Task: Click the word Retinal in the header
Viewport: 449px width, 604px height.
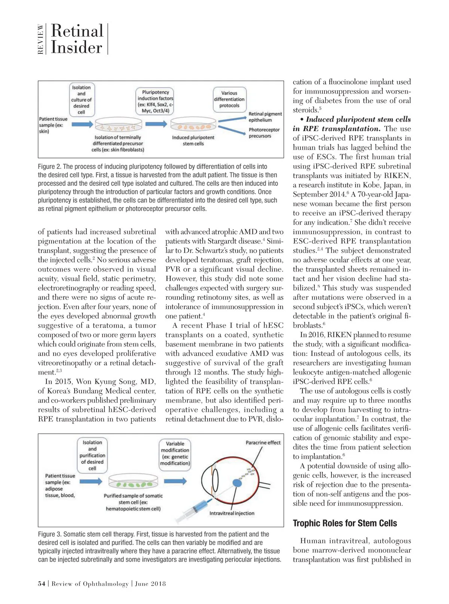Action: point(77,31)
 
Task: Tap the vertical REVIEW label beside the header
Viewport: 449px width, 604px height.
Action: point(40,39)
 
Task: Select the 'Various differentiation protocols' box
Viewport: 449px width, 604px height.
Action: point(229,99)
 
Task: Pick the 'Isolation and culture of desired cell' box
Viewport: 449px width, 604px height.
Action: point(81,100)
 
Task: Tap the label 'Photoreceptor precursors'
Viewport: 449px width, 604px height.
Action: point(264,133)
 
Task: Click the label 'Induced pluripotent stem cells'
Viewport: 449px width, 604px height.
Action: point(193,140)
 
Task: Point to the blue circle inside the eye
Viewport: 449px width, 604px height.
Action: point(237,483)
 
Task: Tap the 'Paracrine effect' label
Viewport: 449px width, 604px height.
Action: point(263,443)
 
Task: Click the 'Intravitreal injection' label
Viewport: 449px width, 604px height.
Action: point(232,513)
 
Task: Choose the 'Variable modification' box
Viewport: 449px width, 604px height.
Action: point(175,453)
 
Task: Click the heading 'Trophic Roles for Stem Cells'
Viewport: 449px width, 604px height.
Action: point(345,523)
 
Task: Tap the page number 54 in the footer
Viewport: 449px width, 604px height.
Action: point(42,583)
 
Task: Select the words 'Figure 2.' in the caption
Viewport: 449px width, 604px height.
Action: point(49,166)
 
